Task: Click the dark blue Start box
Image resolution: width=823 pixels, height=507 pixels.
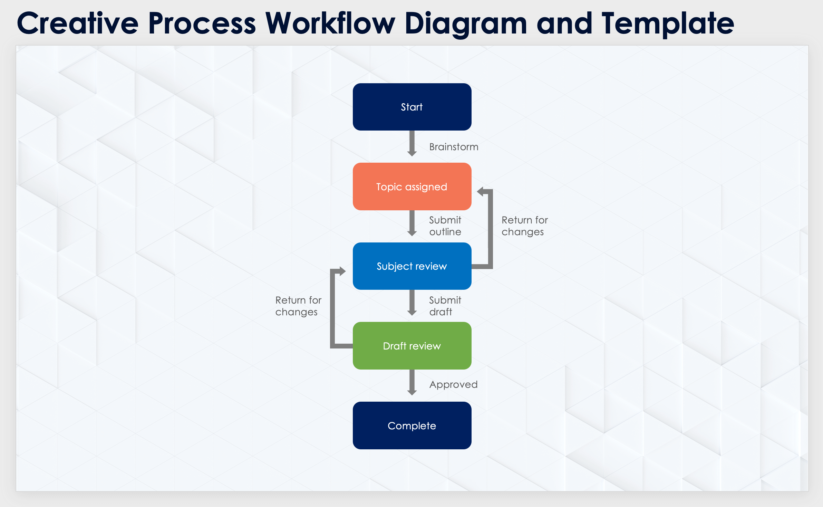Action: point(412,107)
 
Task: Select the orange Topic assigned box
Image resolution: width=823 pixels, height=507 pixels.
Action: point(412,186)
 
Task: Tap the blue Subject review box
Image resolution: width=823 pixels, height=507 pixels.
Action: point(412,266)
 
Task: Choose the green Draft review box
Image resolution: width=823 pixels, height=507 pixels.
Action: point(412,346)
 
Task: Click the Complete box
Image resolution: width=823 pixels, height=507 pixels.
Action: point(412,425)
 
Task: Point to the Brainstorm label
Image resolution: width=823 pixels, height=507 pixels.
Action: point(454,147)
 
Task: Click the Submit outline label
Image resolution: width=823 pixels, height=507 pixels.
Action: point(445,226)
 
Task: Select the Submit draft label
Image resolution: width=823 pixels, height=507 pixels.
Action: point(445,306)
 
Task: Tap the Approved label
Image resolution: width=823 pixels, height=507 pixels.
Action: point(453,384)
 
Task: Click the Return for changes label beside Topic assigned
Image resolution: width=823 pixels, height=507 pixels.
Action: point(524,226)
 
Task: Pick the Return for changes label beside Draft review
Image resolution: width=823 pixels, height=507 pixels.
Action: point(298,306)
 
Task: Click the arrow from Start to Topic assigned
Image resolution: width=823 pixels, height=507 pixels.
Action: point(412,143)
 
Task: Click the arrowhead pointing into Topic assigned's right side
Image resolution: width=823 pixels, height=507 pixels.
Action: point(481,192)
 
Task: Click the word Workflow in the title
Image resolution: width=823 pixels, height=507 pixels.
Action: point(330,23)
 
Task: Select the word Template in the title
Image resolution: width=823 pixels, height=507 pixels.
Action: point(668,23)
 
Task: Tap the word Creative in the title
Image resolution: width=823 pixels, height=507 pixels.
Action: point(78,23)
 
